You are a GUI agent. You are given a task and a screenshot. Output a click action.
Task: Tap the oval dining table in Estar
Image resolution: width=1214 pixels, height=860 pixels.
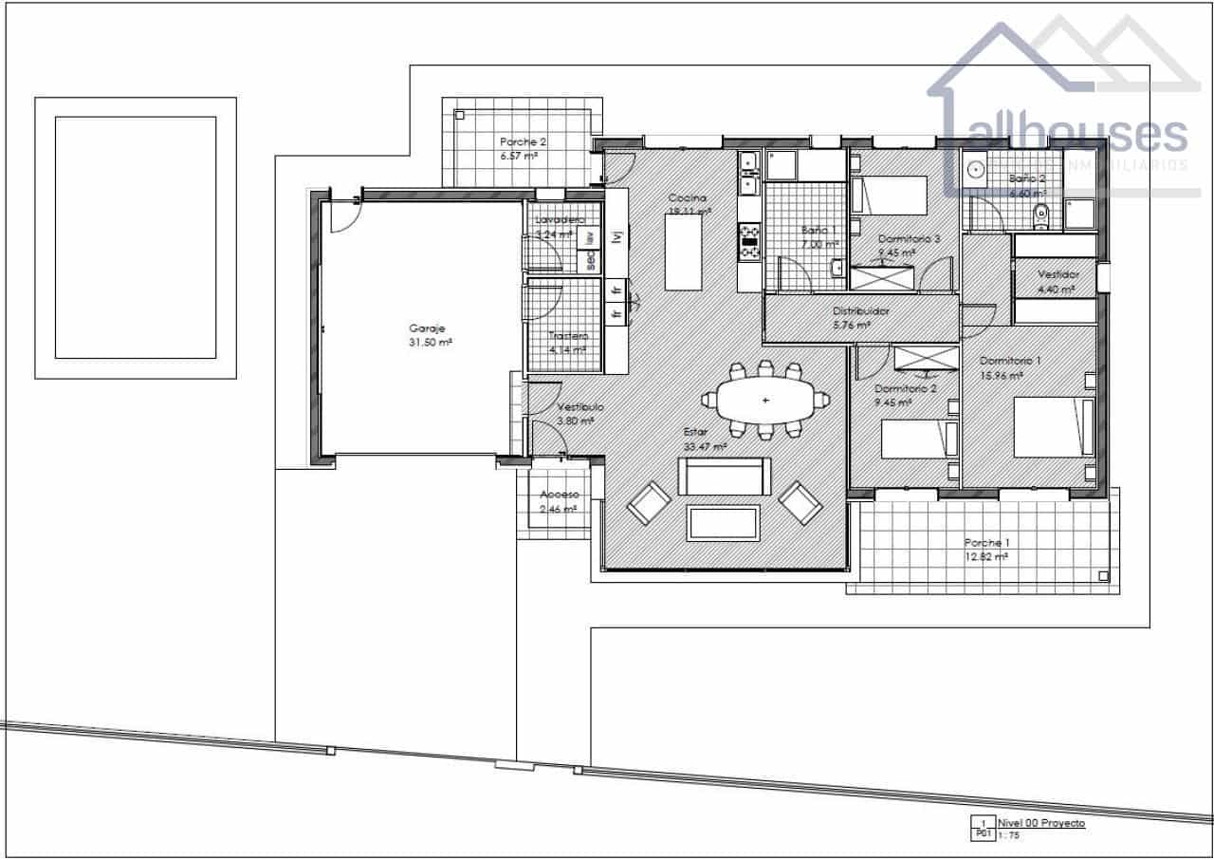point(764,401)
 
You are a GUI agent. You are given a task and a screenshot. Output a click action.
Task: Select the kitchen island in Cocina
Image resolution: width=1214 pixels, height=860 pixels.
point(688,252)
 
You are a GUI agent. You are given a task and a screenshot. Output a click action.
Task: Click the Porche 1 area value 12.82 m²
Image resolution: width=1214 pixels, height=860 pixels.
point(984,557)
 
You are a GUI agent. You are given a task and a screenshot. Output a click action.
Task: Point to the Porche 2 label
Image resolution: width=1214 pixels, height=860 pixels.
point(524,141)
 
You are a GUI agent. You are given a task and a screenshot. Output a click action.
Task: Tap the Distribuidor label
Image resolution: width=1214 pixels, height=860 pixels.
point(860,310)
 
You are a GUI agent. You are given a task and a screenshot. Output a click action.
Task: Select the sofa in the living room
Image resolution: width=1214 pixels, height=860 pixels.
point(724,477)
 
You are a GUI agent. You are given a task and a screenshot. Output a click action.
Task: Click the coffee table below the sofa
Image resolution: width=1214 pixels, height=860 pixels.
point(723,523)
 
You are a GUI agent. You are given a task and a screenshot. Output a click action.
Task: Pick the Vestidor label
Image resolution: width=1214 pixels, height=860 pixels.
point(1058,274)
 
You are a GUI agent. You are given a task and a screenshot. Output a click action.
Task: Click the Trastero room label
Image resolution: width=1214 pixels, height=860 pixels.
point(568,336)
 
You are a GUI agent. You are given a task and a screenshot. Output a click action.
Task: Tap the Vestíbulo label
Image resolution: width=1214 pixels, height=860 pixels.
point(579,407)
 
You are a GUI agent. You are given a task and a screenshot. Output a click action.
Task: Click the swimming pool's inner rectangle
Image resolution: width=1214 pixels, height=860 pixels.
point(136,237)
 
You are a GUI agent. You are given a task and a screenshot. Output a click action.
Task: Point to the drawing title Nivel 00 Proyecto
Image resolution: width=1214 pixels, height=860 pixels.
point(1040,823)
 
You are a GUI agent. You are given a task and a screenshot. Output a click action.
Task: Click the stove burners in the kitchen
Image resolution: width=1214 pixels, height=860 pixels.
point(749,241)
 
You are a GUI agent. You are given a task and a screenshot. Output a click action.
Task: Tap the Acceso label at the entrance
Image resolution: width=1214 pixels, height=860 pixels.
point(559,495)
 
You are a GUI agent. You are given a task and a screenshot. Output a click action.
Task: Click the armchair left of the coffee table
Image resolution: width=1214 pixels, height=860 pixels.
point(650,503)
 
